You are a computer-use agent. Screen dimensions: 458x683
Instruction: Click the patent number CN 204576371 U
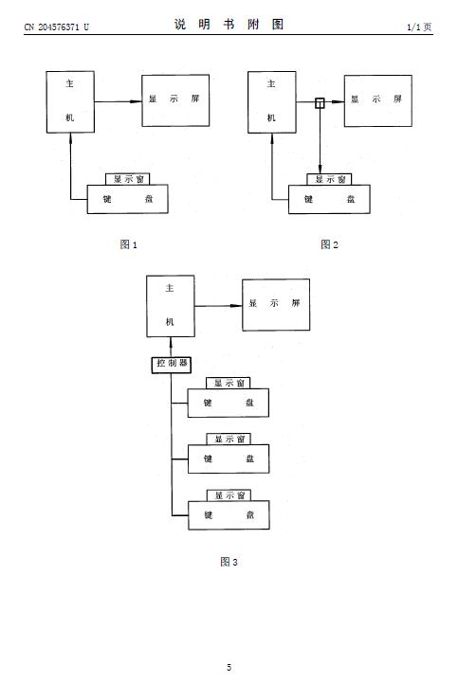tap(57, 27)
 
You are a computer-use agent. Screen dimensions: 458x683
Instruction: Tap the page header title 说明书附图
tap(229, 24)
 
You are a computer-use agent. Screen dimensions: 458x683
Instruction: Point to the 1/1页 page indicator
tap(419, 27)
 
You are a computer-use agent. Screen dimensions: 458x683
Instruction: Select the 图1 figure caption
tap(129, 244)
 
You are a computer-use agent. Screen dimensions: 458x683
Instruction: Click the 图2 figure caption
tap(329, 244)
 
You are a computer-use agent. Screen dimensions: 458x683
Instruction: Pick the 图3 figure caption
tap(229, 562)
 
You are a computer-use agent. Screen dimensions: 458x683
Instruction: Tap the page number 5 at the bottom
tap(229, 667)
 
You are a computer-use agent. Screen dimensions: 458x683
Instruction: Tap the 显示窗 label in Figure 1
tap(128, 179)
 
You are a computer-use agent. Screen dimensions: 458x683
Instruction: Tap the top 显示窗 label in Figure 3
tap(229, 383)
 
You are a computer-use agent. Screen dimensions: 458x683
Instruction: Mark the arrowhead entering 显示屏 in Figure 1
tap(137, 101)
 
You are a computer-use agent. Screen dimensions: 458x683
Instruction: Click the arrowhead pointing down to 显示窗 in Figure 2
tap(320, 168)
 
